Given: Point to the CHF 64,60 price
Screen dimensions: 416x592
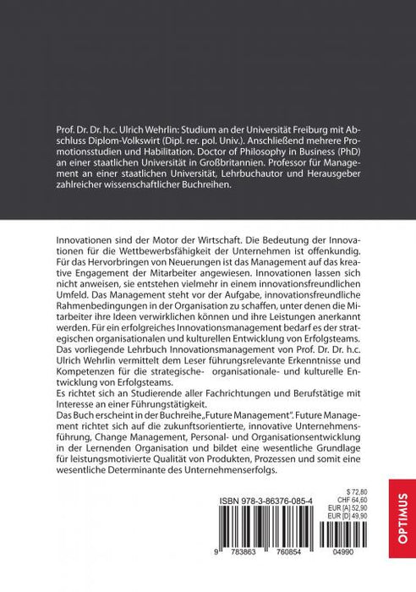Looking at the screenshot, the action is [x=357, y=498].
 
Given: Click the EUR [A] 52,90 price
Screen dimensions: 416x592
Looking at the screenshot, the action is [x=353, y=507].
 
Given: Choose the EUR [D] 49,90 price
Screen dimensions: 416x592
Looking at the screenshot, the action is [x=353, y=516].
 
